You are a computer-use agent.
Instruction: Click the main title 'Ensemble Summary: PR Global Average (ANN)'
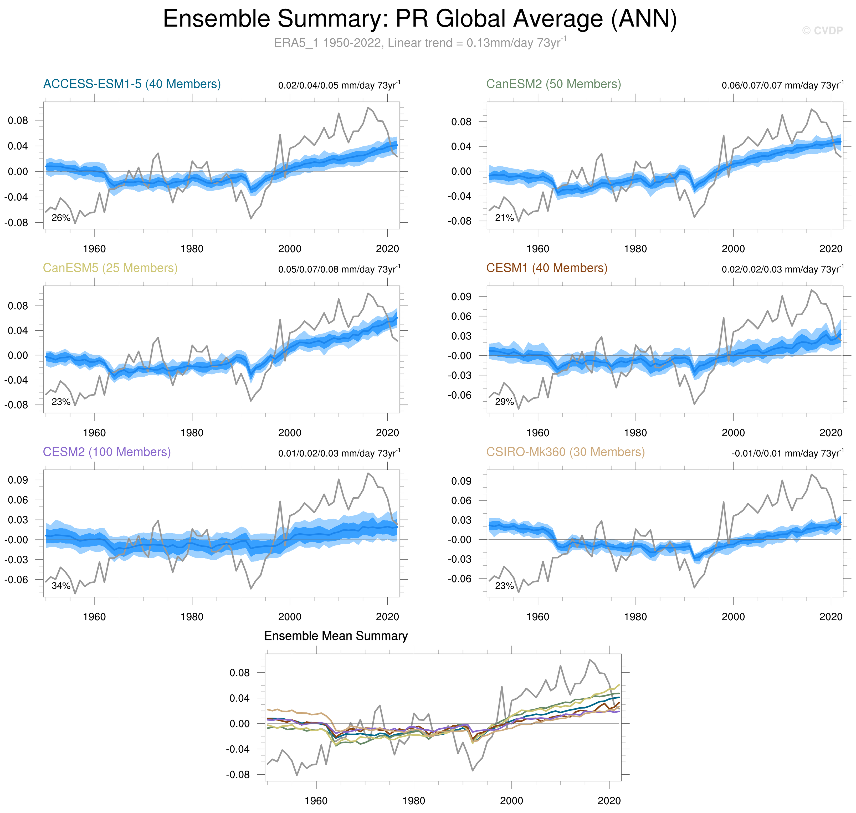coord(419,19)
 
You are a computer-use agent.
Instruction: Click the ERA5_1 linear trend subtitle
coord(419,43)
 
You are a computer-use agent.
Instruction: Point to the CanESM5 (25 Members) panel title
coord(110,268)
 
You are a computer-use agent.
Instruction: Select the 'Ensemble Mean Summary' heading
coord(336,636)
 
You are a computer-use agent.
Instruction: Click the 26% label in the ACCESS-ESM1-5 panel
coord(61,218)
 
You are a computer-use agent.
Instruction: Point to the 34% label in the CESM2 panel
coord(61,586)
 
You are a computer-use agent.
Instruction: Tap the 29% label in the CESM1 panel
coord(504,402)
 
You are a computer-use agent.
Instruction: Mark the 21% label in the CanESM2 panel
coord(504,218)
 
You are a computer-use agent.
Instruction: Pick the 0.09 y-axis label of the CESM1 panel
coord(461,297)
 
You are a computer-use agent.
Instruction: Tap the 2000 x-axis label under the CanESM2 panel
coord(733,249)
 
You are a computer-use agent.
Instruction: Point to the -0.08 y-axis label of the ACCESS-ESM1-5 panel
coord(16,223)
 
